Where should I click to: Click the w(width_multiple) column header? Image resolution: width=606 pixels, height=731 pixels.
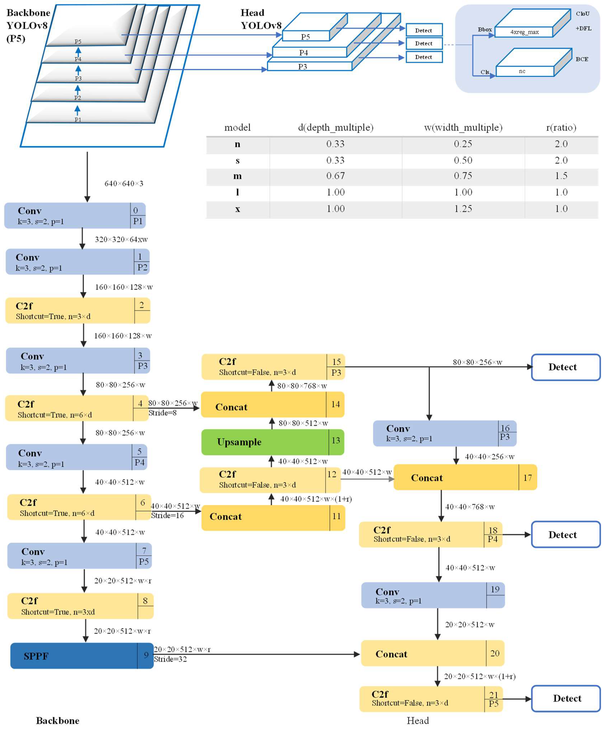463,127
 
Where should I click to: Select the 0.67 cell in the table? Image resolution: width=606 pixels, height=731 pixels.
335,176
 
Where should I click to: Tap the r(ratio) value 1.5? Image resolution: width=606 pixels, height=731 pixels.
561,176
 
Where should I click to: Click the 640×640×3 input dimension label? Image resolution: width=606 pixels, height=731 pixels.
124,183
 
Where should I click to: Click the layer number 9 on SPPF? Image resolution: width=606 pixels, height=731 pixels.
146,655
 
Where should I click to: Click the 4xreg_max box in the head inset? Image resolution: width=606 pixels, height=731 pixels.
524,32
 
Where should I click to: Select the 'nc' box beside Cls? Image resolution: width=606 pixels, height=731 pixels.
524,71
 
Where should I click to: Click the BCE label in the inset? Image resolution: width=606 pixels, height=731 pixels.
582,59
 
